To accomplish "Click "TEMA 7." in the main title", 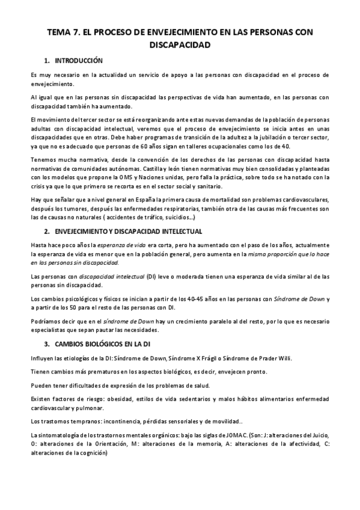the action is [65, 32].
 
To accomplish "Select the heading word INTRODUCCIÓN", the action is [79, 61].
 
